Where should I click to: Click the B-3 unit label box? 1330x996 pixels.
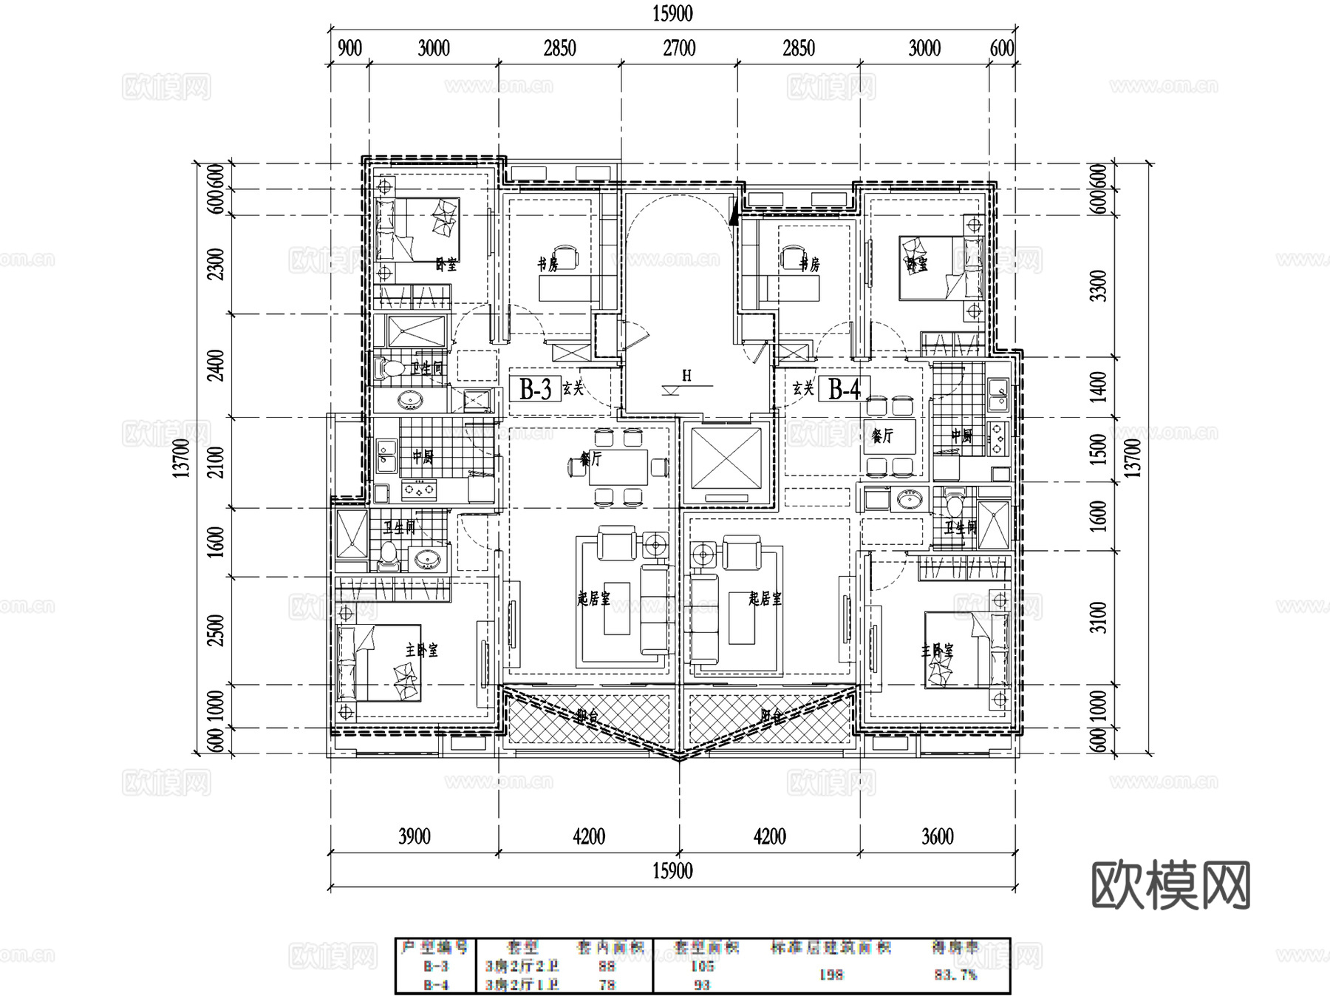click(535, 388)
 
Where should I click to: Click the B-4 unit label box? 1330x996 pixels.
click(845, 388)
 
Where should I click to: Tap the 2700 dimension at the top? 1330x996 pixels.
click(678, 49)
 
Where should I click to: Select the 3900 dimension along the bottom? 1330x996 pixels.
click(414, 836)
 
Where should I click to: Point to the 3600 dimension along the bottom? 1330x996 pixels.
click(937, 836)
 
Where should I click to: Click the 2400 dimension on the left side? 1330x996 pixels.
click(216, 365)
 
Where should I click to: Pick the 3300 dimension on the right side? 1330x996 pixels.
click(1099, 285)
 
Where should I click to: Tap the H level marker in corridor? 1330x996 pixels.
click(686, 376)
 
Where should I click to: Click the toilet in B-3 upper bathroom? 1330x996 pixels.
click(389, 368)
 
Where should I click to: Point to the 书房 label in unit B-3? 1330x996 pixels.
click(548, 264)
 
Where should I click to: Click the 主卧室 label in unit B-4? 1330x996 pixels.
click(937, 651)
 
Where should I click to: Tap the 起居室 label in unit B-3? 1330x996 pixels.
click(593, 598)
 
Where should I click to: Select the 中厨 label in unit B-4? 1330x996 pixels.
click(961, 436)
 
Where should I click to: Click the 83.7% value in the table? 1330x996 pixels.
click(955, 975)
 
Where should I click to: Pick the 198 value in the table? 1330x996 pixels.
click(831, 975)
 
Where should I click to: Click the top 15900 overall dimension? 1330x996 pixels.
click(672, 13)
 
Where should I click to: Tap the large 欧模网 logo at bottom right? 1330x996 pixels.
click(1170, 884)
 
